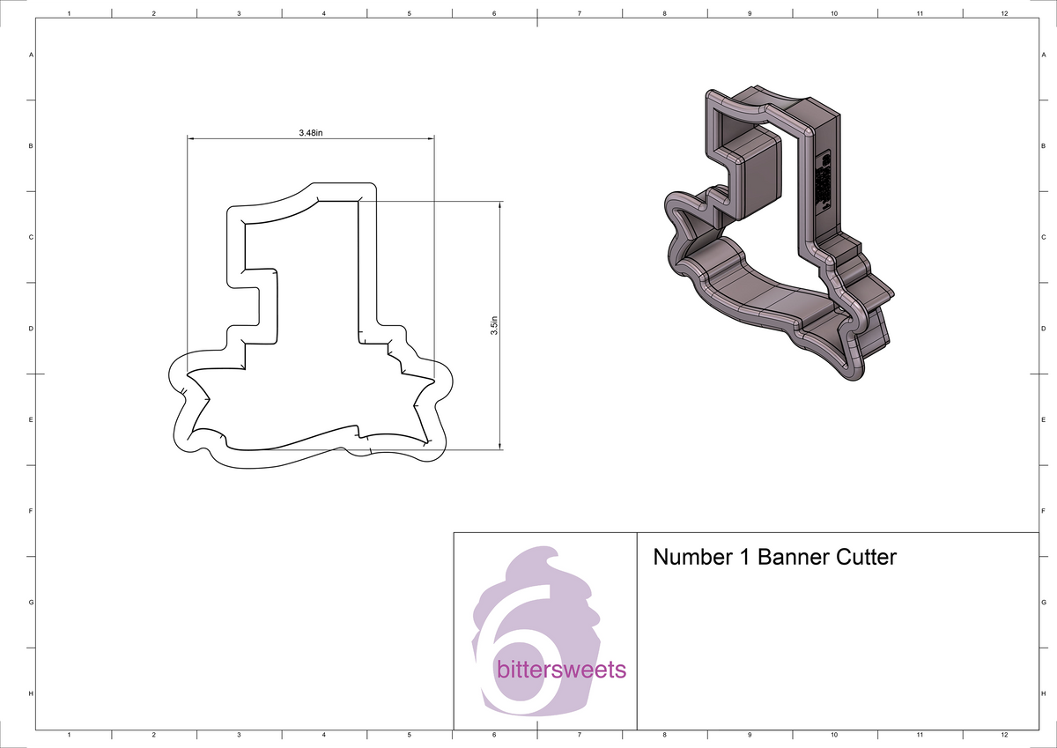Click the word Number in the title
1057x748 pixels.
[691, 558]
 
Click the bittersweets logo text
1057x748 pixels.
[562, 670]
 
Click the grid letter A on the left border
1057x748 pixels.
[32, 55]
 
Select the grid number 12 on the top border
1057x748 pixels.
[1004, 13]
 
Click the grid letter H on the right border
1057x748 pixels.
[1043, 694]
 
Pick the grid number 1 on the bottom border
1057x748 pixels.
[69, 734]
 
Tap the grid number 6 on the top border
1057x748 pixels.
[494, 13]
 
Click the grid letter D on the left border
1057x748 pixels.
[32, 329]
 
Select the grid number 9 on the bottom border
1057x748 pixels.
[749, 734]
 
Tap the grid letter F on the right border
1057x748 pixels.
[1043, 511]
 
